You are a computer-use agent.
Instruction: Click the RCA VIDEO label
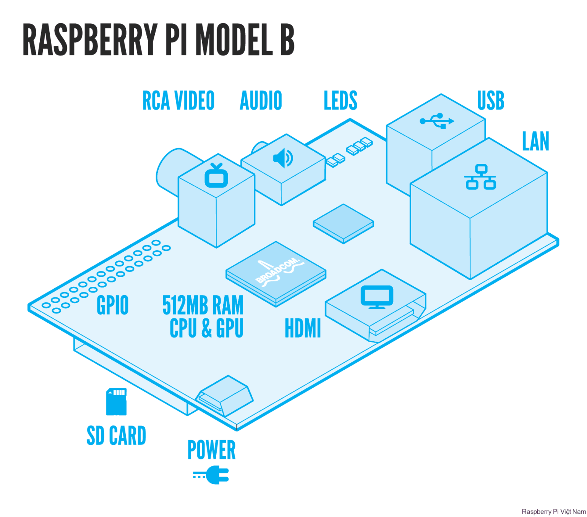(x=178, y=101)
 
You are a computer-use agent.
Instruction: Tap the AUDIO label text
(x=261, y=101)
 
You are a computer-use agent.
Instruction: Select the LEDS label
(x=340, y=101)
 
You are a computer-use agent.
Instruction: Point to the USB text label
(x=490, y=101)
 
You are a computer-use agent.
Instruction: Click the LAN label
(x=535, y=142)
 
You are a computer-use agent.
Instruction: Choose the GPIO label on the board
(x=112, y=305)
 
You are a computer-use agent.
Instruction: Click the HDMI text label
(x=303, y=328)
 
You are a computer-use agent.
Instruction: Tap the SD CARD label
(x=116, y=436)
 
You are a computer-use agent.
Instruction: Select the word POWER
(x=211, y=450)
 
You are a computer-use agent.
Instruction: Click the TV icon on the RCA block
(x=216, y=176)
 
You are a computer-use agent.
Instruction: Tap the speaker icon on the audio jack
(x=283, y=158)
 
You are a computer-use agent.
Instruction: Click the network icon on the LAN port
(x=480, y=177)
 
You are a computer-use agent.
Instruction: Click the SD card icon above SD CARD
(x=116, y=402)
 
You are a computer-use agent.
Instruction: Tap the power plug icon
(x=211, y=475)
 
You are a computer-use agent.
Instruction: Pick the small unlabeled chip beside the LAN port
(x=343, y=223)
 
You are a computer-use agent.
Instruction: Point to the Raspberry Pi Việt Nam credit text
(x=553, y=512)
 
